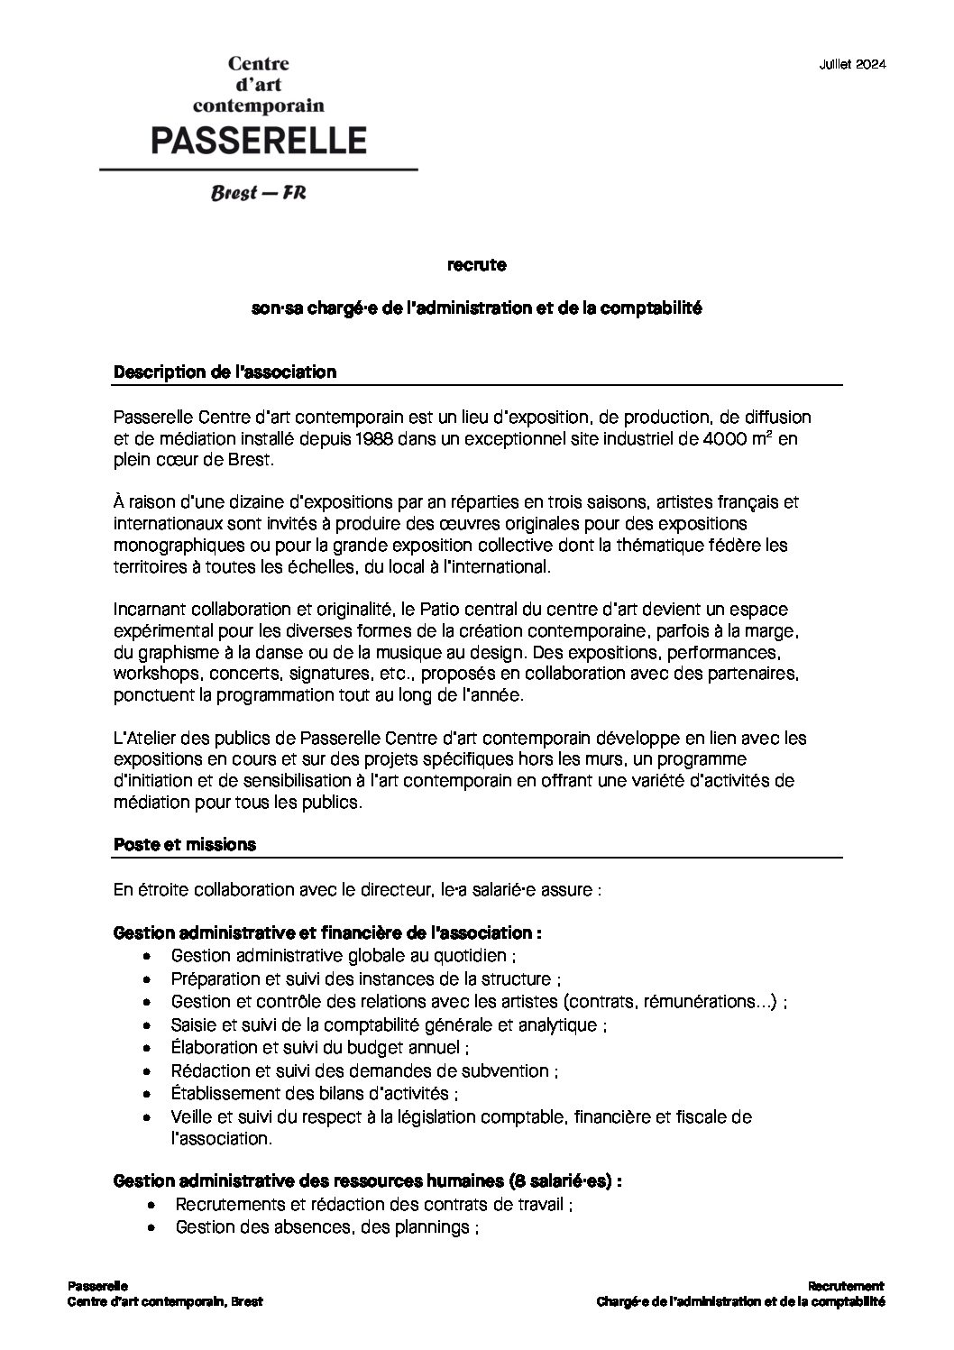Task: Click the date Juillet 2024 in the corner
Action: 852,64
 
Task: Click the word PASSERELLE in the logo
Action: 258,140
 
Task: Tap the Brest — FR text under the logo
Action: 258,193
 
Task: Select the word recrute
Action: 476,265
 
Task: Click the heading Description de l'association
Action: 225,372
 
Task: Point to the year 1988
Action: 346,439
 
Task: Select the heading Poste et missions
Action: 185,845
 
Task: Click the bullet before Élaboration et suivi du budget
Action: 148,1049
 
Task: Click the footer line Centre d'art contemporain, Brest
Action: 165,1301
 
